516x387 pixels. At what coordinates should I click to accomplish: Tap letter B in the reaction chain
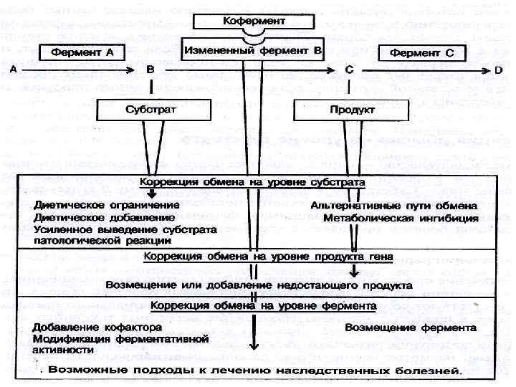point(150,70)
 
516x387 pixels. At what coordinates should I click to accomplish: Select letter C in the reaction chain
point(349,70)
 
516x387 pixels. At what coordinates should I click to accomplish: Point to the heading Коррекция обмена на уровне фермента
point(262,305)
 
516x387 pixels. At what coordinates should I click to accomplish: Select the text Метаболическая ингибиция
point(400,217)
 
